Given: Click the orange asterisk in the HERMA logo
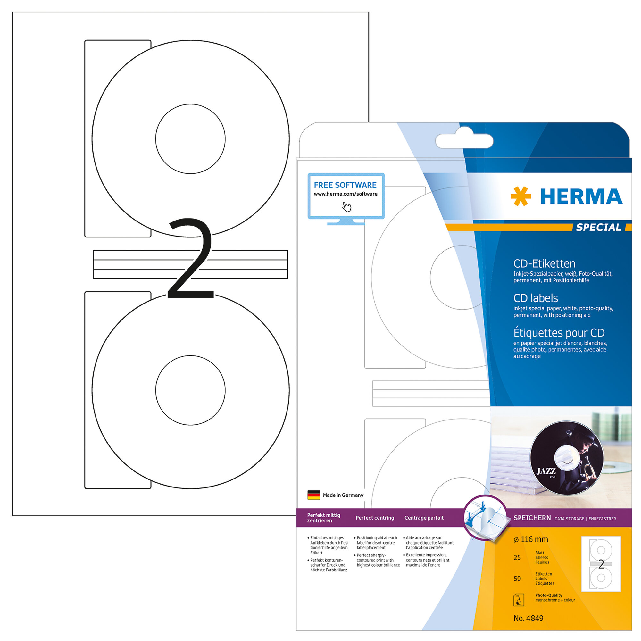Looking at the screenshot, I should pos(520,196).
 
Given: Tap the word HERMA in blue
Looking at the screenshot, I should pos(581,196).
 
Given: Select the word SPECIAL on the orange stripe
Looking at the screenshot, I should pos(598,227).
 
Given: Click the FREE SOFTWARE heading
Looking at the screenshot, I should pos(345,185).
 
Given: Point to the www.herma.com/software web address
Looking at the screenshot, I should pos(345,194).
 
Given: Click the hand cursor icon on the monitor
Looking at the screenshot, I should pos(347,207).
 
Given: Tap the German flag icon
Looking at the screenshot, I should pos(313,495).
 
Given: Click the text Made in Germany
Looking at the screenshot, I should pos(343,495).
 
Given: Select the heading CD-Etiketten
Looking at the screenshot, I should pos(544,263).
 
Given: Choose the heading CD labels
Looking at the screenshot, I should pos(536,298).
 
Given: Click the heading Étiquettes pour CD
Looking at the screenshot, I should pos(559,332).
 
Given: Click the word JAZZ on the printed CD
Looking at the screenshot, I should pos(546,471).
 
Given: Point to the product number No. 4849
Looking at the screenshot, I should pos(528,619).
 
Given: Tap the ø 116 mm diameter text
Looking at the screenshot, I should pos(530,539).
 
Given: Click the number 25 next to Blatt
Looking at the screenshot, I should pos(517,558).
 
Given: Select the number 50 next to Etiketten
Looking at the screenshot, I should pos(517,579).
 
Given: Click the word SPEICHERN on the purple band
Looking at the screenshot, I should pos(532,518).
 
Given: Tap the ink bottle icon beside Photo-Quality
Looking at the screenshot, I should pos(519,600).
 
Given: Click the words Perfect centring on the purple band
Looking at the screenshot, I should pos(375,518).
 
